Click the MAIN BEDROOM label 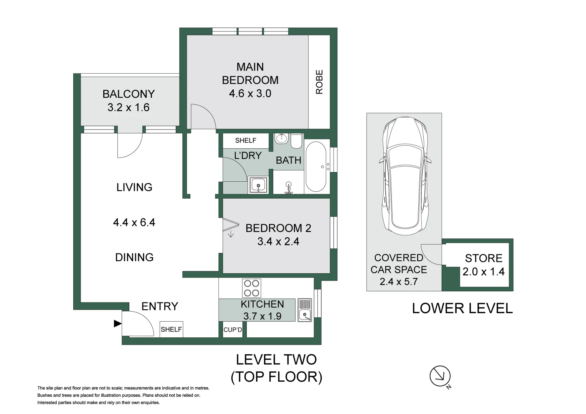pos(250,74)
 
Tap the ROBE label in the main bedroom pos(319,82)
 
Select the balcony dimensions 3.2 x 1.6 pos(129,107)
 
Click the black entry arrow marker pos(118,324)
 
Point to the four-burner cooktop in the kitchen pos(252,288)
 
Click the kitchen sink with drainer pos(304,310)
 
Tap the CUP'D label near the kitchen pos(233,330)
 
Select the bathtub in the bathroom pos(316,166)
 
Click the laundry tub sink pos(258,185)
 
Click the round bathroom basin pos(281,138)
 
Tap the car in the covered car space pos(405,176)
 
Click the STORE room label pos(484,258)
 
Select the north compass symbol pos(440,376)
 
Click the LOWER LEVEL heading pos(462,309)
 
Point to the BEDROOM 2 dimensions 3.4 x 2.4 pos(278,242)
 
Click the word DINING pos(134,258)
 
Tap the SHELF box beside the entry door pos(172,329)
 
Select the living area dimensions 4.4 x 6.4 pos(134,222)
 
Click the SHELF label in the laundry pos(246,140)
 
